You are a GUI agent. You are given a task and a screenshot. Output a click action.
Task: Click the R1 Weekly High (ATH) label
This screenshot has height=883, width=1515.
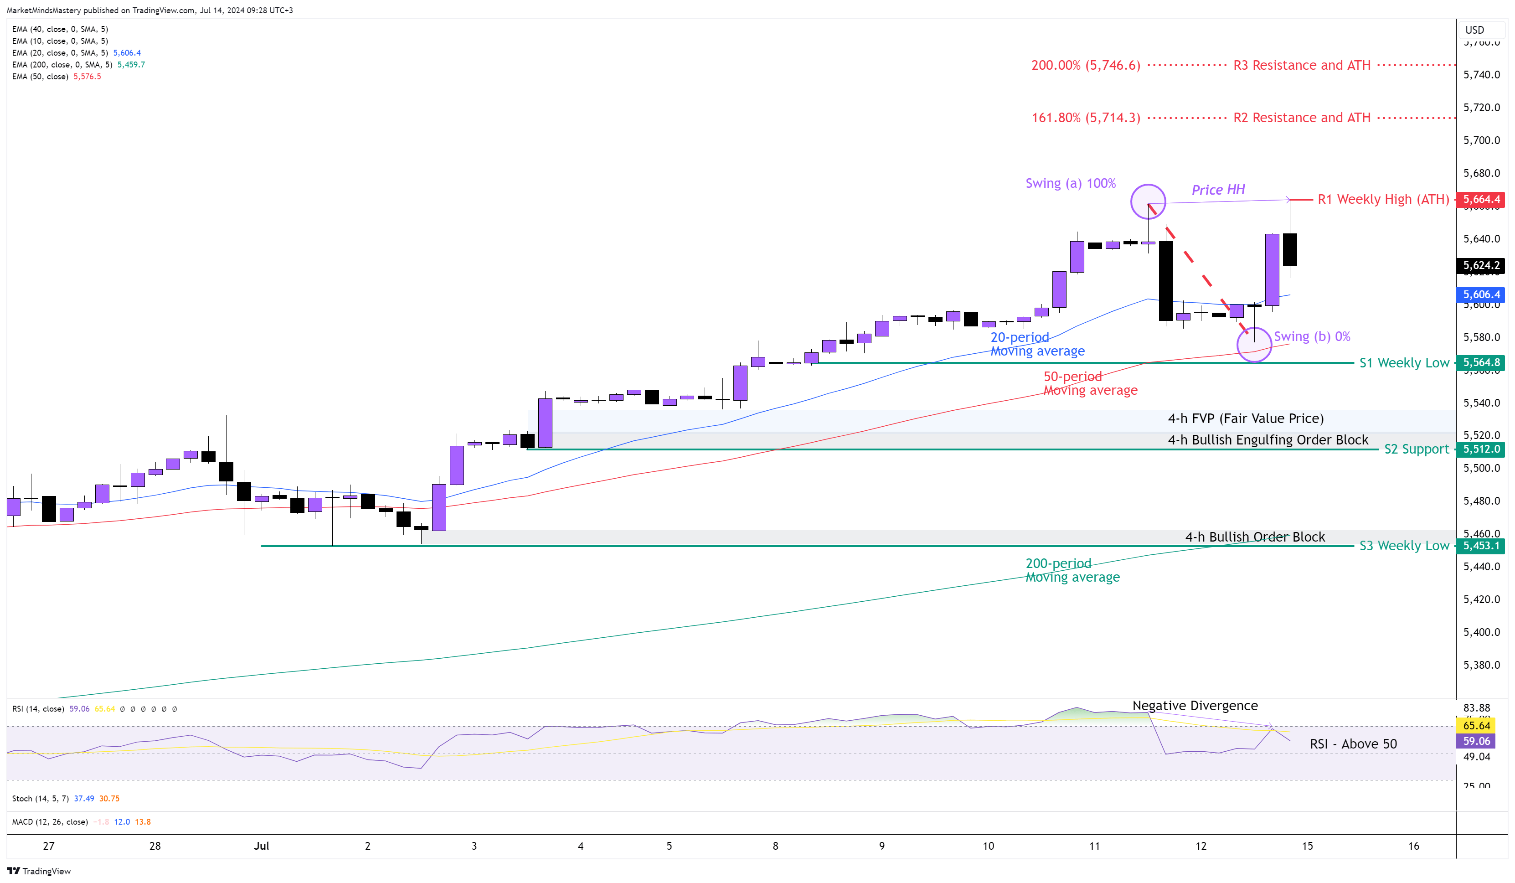(x=1383, y=200)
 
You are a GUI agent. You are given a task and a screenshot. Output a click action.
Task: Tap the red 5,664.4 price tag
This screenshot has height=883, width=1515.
(x=1481, y=200)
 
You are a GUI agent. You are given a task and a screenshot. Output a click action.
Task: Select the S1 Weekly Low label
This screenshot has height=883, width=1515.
(x=1404, y=363)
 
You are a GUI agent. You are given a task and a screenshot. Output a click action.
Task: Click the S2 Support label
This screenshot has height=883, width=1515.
(x=1417, y=449)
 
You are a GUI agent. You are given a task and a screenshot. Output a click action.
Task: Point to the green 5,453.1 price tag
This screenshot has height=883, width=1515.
(x=1481, y=546)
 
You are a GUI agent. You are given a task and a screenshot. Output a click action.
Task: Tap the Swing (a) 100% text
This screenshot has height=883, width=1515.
(x=1070, y=183)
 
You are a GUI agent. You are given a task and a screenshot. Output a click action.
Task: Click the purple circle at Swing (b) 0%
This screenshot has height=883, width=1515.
(x=1254, y=345)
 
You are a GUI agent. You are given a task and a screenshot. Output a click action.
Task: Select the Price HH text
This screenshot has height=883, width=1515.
(x=1218, y=190)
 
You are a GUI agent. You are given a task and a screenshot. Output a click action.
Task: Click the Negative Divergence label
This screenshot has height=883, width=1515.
(x=1195, y=706)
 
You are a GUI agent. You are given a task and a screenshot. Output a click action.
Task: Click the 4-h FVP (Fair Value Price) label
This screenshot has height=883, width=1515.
(x=1245, y=418)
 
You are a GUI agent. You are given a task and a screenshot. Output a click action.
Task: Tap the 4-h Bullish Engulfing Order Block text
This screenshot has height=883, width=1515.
(x=1268, y=440)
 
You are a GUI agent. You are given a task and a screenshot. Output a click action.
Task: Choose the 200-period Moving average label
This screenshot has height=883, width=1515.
(x=1072, y=570)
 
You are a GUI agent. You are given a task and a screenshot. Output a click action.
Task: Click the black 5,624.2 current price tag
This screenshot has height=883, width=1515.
(x=1481, y=266)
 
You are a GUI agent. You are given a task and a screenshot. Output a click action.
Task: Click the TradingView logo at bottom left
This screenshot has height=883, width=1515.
(x=39, y=871)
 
